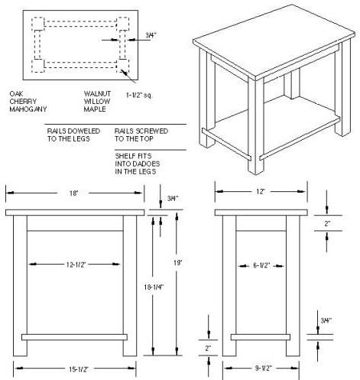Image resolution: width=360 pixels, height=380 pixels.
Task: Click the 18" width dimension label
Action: (73, 193)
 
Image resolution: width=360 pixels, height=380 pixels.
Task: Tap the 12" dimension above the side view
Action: (261, 191)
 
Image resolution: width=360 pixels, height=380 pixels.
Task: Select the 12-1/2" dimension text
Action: (76, 265)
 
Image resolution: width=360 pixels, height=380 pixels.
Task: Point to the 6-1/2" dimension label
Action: (261, 265)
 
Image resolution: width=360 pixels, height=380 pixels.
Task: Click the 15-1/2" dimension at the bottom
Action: (79, 369)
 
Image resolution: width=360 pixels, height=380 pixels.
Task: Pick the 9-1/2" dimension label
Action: (264, 369)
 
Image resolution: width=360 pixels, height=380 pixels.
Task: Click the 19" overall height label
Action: (178, 262)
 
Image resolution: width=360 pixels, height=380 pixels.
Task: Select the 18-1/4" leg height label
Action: (154, 287)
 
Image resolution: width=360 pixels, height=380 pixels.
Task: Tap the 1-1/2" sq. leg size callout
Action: (139, 96)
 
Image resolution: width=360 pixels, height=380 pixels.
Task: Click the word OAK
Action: (16, 94)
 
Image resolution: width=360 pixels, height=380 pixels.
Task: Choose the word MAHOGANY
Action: (28, 109)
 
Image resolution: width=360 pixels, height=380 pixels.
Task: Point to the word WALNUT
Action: (97, 94)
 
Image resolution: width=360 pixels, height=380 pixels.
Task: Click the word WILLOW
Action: (97, 102)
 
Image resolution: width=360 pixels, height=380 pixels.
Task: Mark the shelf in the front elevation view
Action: (74, 337)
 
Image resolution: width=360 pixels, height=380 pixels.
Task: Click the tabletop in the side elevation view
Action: (261, 213)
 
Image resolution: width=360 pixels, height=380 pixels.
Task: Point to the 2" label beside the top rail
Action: (327, 224)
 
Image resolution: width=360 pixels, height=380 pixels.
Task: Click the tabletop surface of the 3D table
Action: (274, 40)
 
